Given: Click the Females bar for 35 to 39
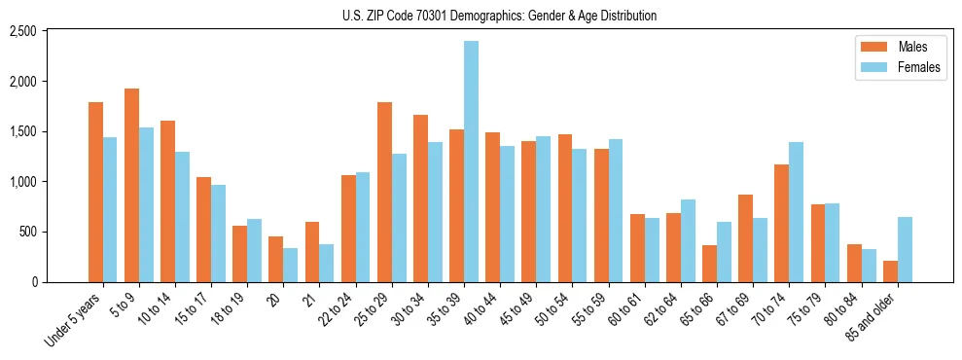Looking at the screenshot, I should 471,162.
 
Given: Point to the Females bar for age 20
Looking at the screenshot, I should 291,265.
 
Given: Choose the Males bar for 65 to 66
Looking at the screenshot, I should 709,264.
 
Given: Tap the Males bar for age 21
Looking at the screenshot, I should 312,252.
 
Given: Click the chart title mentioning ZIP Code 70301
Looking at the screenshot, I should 499,16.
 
